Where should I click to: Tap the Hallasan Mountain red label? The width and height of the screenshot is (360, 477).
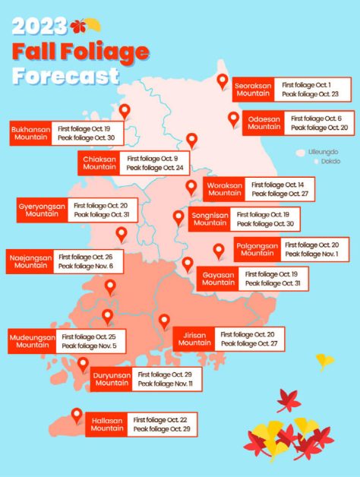[x=107, y=425]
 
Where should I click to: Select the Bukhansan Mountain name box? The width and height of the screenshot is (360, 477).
[x=30, y=133]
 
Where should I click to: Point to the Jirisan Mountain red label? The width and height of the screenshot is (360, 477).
[x=195, y=339]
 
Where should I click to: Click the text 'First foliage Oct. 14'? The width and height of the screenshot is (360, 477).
[x=278, y=185]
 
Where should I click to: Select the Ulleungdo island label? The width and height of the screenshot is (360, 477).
[x=323, y=152]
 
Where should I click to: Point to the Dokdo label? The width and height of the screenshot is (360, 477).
[x=330, y=161]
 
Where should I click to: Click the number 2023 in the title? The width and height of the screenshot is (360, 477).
[x=39, y=27]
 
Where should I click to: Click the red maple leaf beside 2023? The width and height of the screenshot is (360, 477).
[x=77, y=27]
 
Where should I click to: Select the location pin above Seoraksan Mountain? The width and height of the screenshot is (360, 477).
[x=223, y=81]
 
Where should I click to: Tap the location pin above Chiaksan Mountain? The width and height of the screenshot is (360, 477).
[x=191, y=141]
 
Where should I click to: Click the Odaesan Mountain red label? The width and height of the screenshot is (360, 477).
[x=264, y=123]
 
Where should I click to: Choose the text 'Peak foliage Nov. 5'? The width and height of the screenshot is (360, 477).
[x=89, y=346]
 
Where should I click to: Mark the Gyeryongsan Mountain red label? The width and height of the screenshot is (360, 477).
[x=42, y=210]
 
